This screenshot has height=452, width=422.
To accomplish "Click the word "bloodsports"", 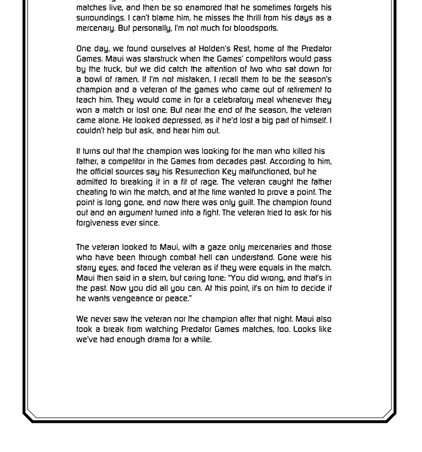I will pos(255,28).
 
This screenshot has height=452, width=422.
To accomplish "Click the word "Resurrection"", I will pos(198,172).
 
